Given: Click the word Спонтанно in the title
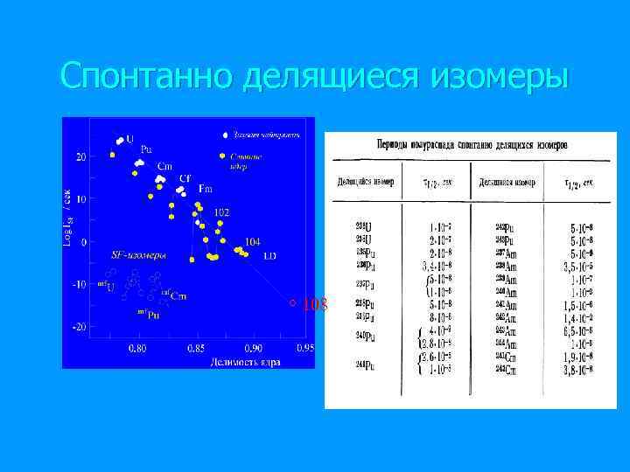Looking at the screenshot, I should [147, 76].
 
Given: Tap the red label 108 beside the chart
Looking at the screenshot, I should [314, 304].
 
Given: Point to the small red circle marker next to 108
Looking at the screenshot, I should [293, 304].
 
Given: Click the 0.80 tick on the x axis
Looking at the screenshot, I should [137, 349].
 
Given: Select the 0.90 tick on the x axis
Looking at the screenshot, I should [252, 349].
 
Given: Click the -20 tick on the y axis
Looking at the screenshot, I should [79, 326].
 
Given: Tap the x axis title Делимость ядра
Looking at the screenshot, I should [244, 362].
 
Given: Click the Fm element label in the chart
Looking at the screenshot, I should [206, 189].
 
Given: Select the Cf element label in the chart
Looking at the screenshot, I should [185, 177].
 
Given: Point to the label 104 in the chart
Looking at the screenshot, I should [252, 241].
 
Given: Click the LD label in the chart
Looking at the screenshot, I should [269, 256].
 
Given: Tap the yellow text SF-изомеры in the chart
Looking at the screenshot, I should [137, 255].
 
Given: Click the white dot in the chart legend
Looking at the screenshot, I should [226, 135].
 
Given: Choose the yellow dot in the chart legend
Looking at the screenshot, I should [222, 156].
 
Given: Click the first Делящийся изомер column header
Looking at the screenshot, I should [366, 183].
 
